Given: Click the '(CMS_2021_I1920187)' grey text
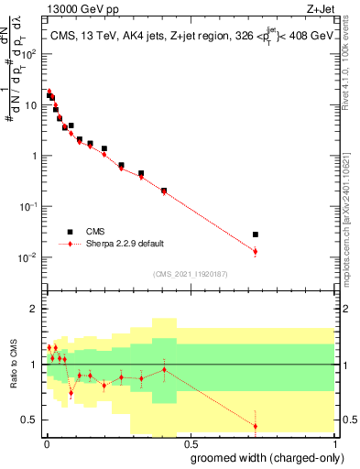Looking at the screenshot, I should (191, 272).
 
